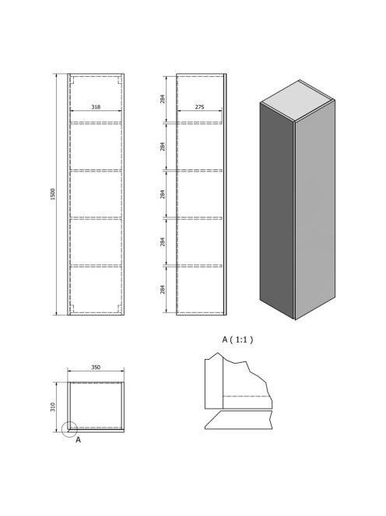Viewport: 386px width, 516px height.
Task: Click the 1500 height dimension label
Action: (53, 194)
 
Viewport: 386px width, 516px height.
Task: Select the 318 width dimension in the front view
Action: (96, 107)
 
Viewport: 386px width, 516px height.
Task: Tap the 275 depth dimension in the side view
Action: (200, 107)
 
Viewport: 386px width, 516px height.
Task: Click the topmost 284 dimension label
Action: (163, 99)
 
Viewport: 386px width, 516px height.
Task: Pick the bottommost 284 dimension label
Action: (163, 290)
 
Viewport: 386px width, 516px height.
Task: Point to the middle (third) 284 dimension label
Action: (163, 194)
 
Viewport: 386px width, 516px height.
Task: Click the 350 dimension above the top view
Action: (96, 368)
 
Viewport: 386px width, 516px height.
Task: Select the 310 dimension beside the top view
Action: (53, 407)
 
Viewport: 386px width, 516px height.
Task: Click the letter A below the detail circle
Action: (78, 440)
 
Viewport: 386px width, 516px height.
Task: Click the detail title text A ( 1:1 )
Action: (237, 340)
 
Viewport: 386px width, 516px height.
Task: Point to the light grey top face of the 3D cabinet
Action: (297, 100)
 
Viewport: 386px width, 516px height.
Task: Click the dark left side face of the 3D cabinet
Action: (276, 211)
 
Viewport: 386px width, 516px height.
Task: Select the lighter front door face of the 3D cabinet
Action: (315, 210)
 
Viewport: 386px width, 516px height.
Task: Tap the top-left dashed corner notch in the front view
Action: (73, 80)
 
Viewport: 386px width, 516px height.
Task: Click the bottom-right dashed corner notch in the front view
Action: (119, 309)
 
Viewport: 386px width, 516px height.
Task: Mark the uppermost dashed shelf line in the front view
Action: (96, 123)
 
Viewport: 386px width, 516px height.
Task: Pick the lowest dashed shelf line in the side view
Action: (200, 266)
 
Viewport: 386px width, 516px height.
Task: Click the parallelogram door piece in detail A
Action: (239, 420)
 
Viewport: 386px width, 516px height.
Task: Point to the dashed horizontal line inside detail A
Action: (247, 396)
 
